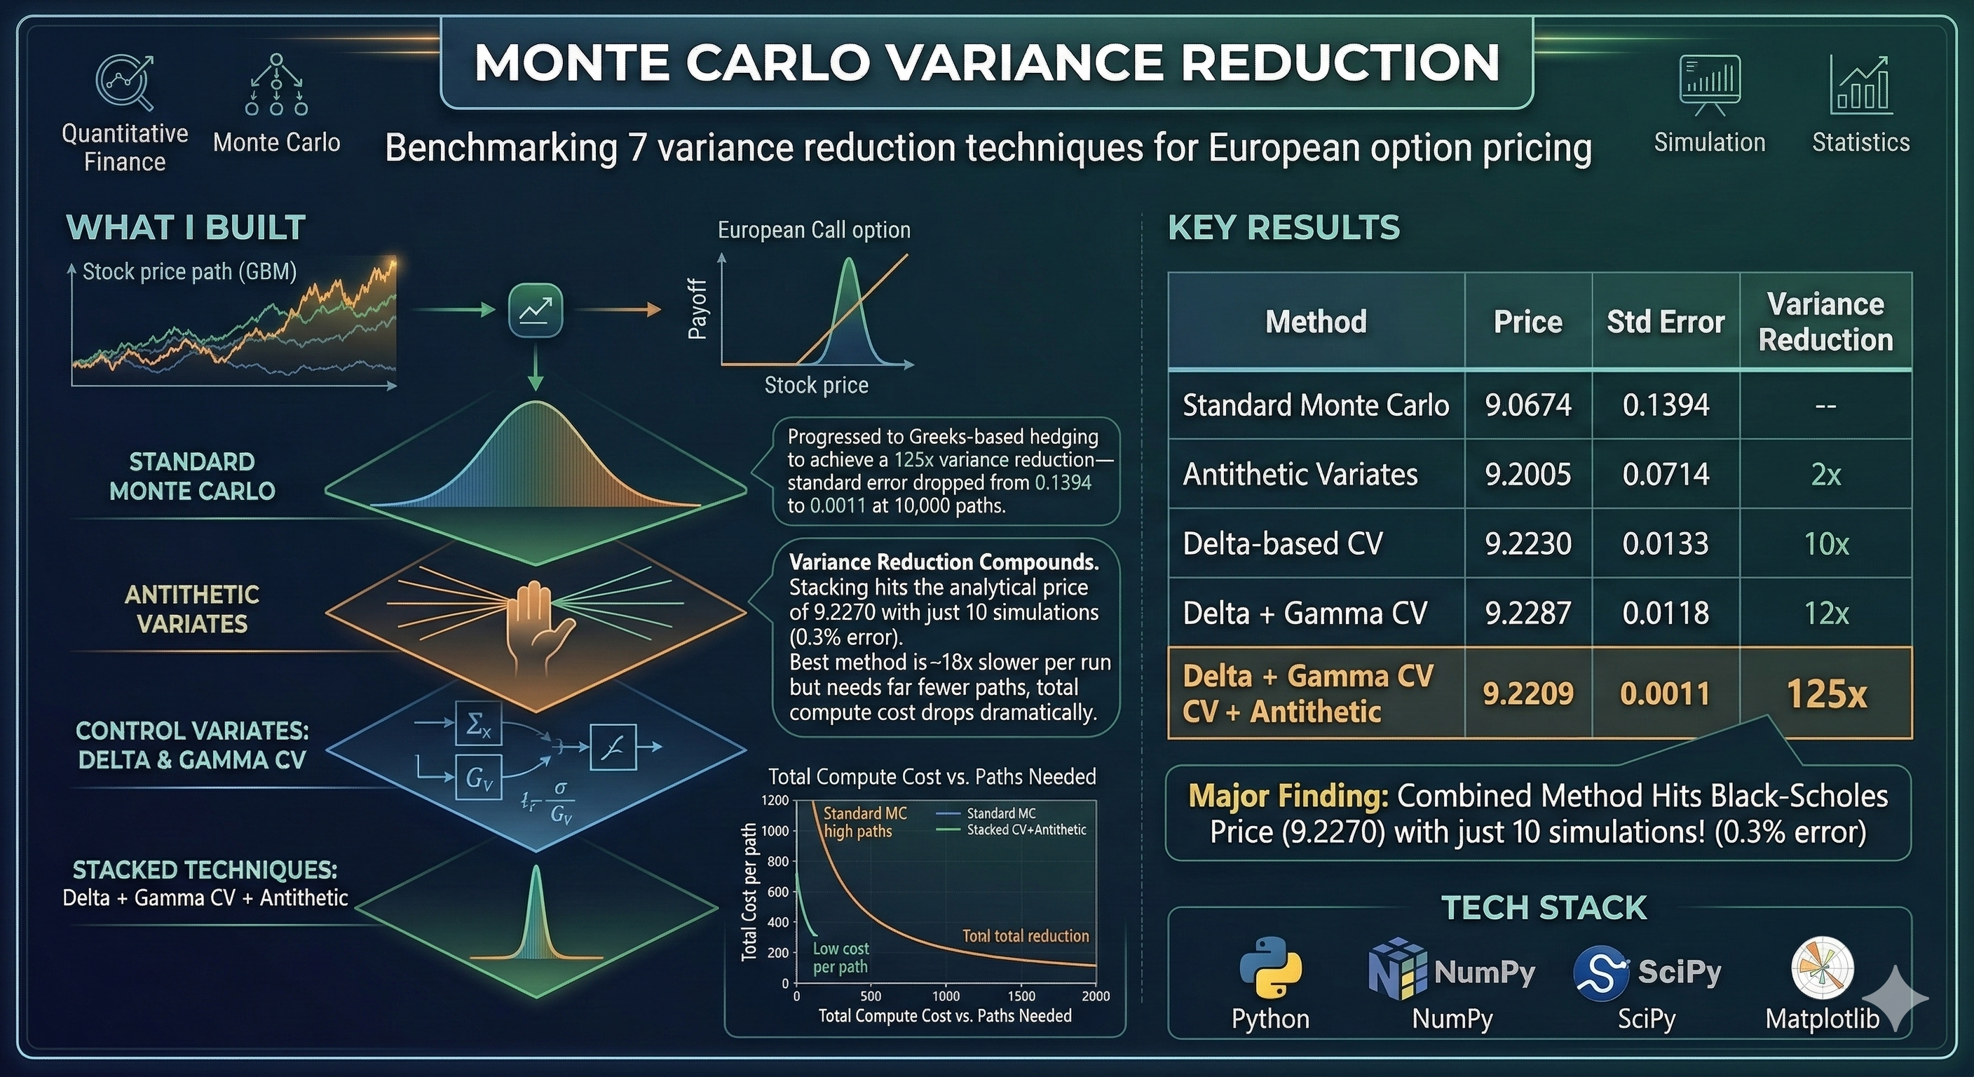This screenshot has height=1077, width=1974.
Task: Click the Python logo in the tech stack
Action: coord(1270,968)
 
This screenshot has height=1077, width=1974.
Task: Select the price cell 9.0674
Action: coord(1528,405)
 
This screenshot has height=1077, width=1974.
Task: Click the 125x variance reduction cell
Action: coord(1826,693)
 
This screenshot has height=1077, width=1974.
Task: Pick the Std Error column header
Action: coord(1665,322)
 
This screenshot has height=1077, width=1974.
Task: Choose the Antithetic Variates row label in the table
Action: coord(1300,475)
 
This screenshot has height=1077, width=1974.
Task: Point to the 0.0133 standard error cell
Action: coord(1665,543)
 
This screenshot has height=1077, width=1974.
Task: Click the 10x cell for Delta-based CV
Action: coord(1826,543)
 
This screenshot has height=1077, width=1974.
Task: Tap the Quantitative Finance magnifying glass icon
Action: coord(124,82)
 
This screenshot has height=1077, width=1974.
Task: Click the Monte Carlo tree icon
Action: coord(277,85)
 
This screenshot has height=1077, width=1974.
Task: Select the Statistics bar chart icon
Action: coord(1860,85)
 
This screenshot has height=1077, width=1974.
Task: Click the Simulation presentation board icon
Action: coord(1709,85)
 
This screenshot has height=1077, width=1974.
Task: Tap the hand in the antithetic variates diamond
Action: coord(536,623)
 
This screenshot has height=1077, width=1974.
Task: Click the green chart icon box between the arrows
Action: coord(536,310)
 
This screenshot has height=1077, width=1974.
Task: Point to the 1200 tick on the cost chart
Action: coord(775,800)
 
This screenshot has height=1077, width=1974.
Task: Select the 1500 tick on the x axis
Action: coord(1021,996)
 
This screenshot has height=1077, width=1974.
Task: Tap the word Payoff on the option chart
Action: coord(697,309)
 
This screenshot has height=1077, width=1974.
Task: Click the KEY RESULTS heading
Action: coord(1284,228)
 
